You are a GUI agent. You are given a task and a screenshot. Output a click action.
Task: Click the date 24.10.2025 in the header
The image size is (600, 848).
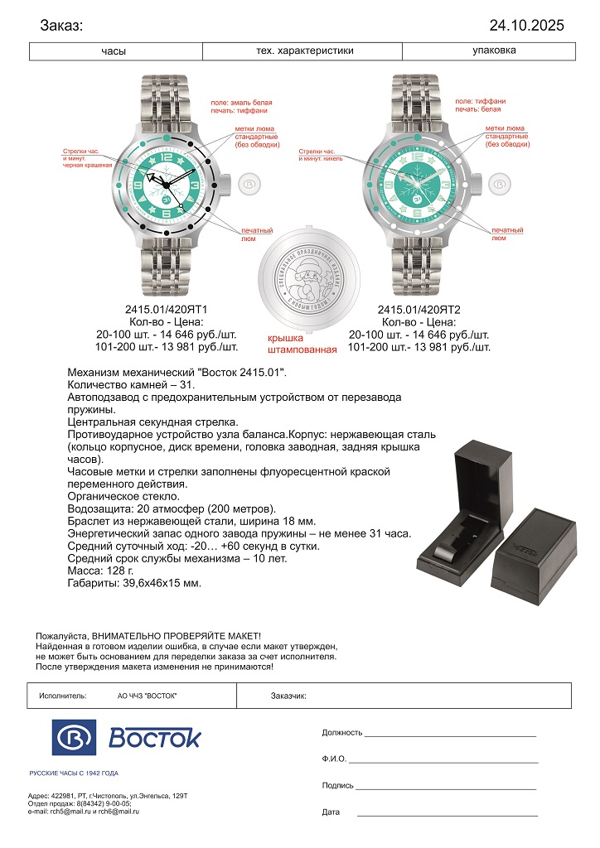(526, 26)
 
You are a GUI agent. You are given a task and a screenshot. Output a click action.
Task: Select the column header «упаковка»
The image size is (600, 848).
(494, 51)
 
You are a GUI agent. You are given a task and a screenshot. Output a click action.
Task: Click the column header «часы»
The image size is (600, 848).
(114, 51)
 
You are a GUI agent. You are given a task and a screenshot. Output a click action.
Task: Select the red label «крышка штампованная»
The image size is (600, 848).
(302, 344)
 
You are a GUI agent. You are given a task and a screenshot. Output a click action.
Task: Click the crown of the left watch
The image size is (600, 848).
(248, 183)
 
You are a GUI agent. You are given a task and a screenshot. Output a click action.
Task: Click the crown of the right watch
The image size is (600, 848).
(499, 183)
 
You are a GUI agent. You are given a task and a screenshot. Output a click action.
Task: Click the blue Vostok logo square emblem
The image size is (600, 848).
(73, 736)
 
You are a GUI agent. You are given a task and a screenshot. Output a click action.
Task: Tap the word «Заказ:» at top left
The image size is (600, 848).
(61, 26)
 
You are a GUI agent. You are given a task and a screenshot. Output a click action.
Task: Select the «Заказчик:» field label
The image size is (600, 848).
(288, 696)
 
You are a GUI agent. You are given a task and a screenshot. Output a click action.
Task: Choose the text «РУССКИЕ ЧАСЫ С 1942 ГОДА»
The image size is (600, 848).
(74, 773)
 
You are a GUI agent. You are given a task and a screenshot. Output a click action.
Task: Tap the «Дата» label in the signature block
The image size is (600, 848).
(331, 812)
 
